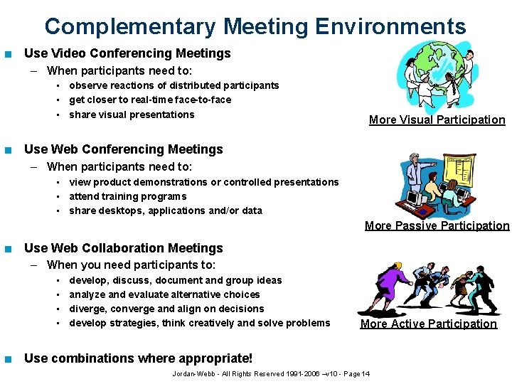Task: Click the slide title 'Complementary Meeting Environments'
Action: [x=255, y=27]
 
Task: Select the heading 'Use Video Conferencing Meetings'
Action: [x=127, y=53]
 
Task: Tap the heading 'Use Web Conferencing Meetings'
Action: [x=123, y=149]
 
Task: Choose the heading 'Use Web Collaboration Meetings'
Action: [x=123, y=248]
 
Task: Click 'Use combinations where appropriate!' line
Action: [x=138, y=358]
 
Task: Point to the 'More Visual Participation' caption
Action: [x=437, y=120]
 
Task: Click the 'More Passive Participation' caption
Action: [x=437, y=226]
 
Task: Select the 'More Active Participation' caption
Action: [x=428, y=324]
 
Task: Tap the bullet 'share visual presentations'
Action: [x=132, y=114]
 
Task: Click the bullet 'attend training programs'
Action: [x=127, y=196]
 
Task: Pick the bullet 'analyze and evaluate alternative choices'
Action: [x=164, y=294]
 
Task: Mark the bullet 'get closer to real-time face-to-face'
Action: [x=150, y=100]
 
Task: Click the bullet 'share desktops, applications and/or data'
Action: [x=165, y=210]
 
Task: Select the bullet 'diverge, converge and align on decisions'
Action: [x=166, y=309]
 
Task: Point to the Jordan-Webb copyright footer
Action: [x=271, y=374]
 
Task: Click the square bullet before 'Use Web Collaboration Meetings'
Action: [x=7, y=249]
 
